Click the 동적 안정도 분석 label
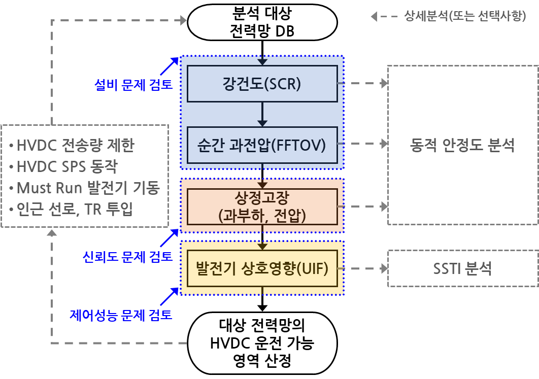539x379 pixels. coord(462,146)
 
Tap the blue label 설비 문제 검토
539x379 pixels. coord(133,84)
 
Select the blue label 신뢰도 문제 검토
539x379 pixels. coord(127,257)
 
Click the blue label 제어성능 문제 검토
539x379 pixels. coord(121,316)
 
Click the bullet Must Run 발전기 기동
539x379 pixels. coord(84,188)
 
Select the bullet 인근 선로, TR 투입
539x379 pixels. coord(71,209)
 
